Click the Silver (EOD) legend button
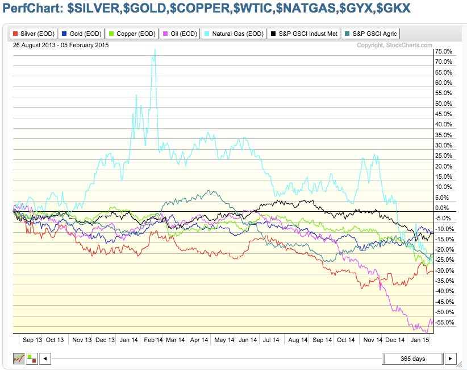pyautogui.click(x=34, y=34)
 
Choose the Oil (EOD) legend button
pyautogui.click(x=180, y=34)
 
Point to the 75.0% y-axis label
pyautogui.click(x=443, y=51)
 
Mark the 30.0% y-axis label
pyautogui.click(x=443, y=145)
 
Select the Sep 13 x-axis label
pyautogui.click(x=32, y=340)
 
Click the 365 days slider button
pyautogui.click(x=412, y=359)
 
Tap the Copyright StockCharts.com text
pyautogui.click(x=394, y=45)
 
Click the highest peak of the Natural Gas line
pyautogui.click(x=155, y=50)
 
